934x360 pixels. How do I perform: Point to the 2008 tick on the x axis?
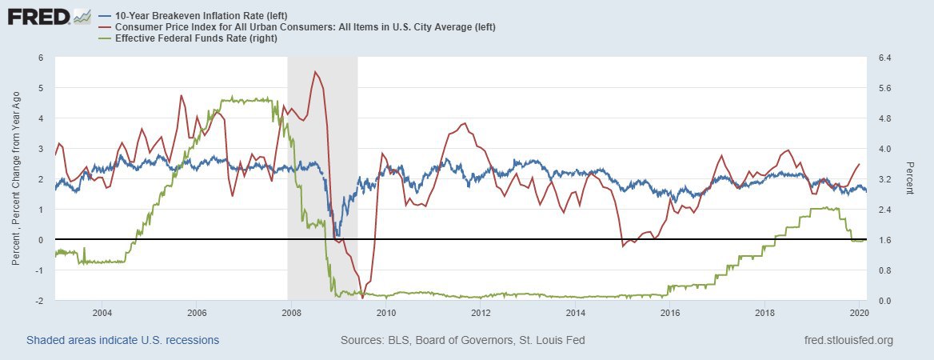tap(292, 312)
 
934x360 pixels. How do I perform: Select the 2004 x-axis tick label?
tap(102, 312)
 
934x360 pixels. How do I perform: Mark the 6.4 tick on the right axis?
tap(886, 58)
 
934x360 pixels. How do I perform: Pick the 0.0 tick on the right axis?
tap(886, 301)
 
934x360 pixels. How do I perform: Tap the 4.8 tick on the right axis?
tap(886, 118)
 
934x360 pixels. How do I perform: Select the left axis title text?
tap(16, 179)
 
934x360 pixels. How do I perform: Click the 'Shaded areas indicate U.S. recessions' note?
tap(123, 340)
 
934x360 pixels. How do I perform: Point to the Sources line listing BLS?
tap(462, 340)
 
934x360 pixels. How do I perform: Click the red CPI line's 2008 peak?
tap(315, 72)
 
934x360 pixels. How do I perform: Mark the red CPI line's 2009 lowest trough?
tap(362, 298)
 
